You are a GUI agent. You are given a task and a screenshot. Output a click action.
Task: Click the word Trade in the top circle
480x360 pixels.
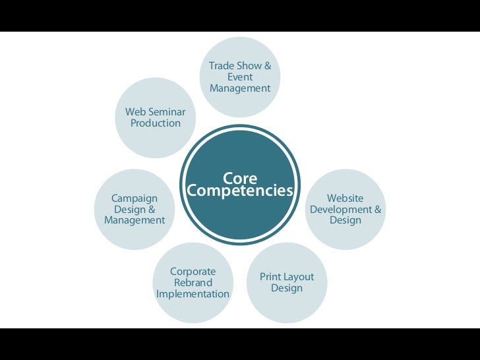tap(221, 66)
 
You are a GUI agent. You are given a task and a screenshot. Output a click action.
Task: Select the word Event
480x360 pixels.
tap(240, 77)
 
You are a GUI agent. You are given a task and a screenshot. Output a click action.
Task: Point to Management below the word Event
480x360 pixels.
tap(240, 88)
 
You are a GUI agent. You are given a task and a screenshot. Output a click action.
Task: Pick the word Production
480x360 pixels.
tap(156, 123)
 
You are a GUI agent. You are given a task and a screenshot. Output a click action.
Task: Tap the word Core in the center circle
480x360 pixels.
tap(240, 179)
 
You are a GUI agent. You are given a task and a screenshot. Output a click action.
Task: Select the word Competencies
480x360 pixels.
tap(240, 191)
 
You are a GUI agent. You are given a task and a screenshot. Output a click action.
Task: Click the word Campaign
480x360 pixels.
tap(135, 198)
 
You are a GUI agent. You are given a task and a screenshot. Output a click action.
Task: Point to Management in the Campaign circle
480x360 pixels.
tap(135, 221)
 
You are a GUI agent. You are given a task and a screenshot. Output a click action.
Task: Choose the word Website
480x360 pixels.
tap(345, 198)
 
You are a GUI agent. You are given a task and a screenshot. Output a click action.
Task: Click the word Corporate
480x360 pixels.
tap(193, 272)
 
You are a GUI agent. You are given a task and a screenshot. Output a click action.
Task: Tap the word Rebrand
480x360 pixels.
tap(193, 283)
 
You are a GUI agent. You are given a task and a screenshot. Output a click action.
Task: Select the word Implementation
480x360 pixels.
tap(193, 294)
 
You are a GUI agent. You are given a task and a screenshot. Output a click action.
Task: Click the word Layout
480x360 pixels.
tap(299, 277)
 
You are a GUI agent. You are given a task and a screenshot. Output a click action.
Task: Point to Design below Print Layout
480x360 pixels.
tap(287, 288)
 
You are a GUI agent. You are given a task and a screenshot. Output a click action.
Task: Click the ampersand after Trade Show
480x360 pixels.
tap(267, 66)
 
